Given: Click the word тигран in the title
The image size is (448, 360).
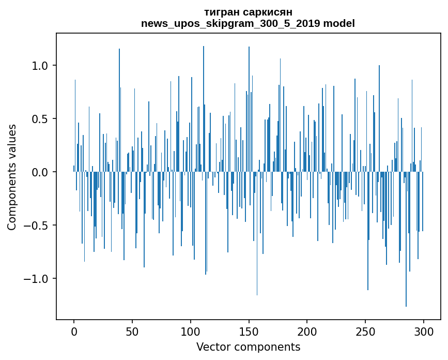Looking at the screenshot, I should pos(223,12).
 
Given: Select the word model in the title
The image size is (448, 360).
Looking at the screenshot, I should pos(340,23).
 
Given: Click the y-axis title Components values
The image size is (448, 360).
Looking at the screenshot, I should pos(11,177).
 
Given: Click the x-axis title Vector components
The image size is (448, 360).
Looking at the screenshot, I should pos(248,347).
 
